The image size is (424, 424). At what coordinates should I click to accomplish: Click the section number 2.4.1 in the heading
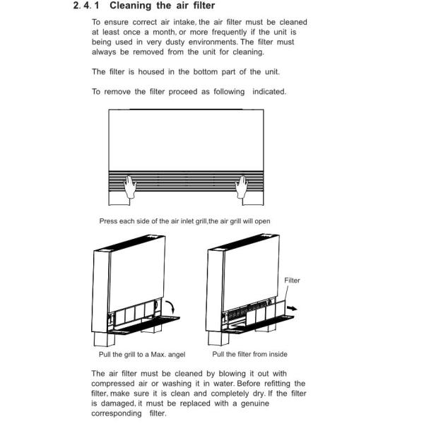click(87, 6)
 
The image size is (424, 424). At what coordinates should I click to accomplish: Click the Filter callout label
click(292, 281)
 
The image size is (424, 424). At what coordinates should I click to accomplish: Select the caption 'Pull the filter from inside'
click(250, 354)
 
